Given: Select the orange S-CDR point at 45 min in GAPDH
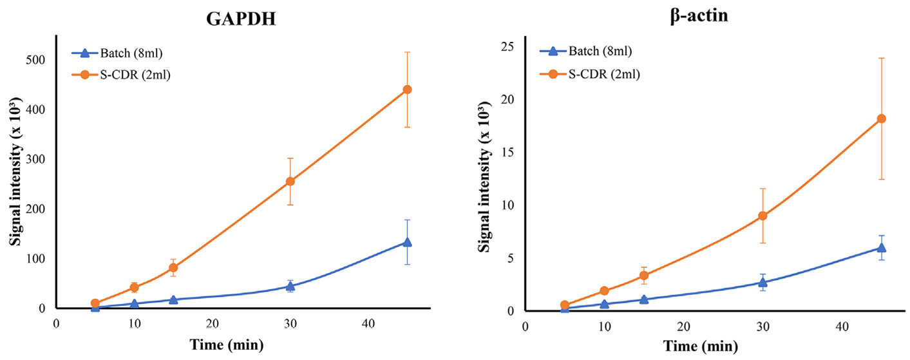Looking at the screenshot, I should pyautogui.click(x=407, y=90).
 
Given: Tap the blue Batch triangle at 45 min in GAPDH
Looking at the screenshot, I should pyautogui.click(x=407, y=242).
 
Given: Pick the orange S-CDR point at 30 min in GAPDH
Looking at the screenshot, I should pyautogui.click(x=290, y=181).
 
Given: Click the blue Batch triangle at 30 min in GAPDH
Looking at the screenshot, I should pyautogui.click(x=290, y=286).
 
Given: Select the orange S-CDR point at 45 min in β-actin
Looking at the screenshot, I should pyautogui.click(x=882, y=118).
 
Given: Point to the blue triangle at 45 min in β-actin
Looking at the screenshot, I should pyautogui.click(x=882, y=247).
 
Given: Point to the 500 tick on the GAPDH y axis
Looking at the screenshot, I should pyautogui.click(x=41, y=60).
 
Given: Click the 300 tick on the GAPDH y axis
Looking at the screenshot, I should pyautogui.click(x=41, y=159).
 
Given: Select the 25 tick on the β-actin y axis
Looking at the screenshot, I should pyautogui.click(x=508, y=47).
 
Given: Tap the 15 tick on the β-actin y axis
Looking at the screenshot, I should pyautogui.click(x=508, y=153).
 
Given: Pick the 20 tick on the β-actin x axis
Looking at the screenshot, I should pyautogui.click(x=683, y=326).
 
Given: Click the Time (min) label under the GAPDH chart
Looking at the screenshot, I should pyautogui.click(x=227, y=345).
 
